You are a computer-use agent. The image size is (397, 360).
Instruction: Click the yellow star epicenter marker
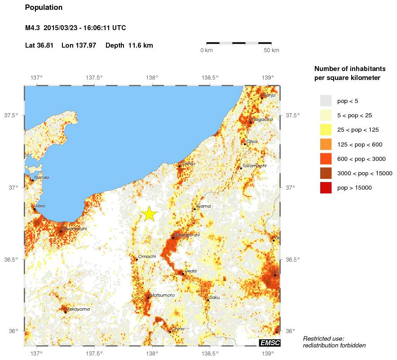pyautogui.click(x=149, y=214)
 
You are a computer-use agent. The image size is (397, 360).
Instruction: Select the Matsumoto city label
pyautogui.click(x=163, y=295)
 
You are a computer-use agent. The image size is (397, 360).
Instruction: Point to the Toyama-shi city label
pyautogui.click(x=75, y=228)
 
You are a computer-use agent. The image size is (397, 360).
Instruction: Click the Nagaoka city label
pyautogui.click(x=262, y=120)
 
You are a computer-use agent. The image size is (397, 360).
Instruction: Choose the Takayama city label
pyautogui.click(x=78, y=309)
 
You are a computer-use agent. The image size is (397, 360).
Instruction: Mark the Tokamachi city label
pyautogui.click(x=254, y=166)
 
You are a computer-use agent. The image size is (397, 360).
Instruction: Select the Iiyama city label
pyautogui.click(x=203, y=206)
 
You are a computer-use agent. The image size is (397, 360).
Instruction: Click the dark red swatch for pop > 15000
pyautogui.click(x=326, y=188)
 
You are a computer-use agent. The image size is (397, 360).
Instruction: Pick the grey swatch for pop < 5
pyautogui.click(x=326, y=100)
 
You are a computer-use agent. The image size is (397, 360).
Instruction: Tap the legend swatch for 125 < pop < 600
pyautogui.click(x=326, y=144)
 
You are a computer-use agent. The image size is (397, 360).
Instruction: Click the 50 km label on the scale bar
pyautogui.click(x=271, y=50)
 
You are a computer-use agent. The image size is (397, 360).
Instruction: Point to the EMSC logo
pyautogui.click(x=270, y=343)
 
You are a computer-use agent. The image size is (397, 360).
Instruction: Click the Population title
pyautogui.click(x=44, y=8)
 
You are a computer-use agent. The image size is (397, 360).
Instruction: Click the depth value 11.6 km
pyautogui.click(x=141, y=45)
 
